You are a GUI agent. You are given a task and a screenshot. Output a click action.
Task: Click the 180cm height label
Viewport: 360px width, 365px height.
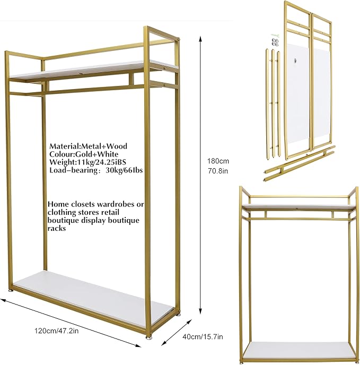[218, 161]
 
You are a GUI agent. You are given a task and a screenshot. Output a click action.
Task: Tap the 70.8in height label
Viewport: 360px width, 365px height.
[218, 171]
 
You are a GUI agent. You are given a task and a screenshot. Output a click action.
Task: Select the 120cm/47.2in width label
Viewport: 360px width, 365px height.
[57, 331]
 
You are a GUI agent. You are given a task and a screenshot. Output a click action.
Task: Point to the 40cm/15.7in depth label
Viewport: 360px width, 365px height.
[203, 336]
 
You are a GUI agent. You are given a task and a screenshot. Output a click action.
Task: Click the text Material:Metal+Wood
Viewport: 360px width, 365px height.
[88, 146]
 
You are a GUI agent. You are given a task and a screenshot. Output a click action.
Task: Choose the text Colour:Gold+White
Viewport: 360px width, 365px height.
[84, 154]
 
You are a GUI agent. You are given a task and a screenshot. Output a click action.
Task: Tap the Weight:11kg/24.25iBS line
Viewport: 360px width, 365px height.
[87, 162]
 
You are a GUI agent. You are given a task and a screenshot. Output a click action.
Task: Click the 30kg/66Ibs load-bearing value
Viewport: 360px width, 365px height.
[124, 170]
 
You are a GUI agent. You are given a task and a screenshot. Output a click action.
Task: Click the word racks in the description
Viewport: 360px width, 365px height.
[57, 228]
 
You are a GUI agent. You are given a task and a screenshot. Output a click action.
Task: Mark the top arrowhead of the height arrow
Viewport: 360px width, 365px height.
[200, 38]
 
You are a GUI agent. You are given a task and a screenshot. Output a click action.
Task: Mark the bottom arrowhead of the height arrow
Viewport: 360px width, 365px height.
[200, 311]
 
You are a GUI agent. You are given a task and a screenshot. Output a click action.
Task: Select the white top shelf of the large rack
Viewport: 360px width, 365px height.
[93, 71]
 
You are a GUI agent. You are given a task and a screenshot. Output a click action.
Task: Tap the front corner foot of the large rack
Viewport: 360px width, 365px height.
[148, 336]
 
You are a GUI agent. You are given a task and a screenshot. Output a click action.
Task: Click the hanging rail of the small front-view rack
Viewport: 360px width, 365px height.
[299, 219]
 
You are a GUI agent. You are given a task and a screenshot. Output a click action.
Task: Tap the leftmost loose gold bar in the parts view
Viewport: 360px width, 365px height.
[267, 103]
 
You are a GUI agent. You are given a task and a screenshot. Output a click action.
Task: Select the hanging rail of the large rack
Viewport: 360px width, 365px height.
[77, 90]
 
